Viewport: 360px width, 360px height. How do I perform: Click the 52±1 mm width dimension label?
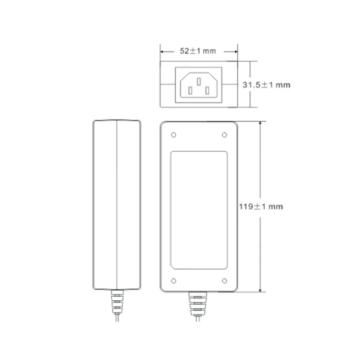(x=198, y=51)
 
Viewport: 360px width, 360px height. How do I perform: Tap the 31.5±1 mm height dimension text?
(x=266, y=85)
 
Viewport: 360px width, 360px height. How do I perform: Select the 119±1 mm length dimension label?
(x=261, y=207)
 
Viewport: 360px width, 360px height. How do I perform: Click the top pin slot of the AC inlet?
(x=199, y=81)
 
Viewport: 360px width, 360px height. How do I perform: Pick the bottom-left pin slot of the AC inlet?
(x=190, y=90)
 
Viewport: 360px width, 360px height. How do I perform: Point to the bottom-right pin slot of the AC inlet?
(x=207, y=90)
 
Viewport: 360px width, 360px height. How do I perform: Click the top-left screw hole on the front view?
(x=173, y=135)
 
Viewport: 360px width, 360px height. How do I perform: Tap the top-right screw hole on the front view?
(x=224, y=135)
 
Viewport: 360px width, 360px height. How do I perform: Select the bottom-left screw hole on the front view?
(x=173, y=281)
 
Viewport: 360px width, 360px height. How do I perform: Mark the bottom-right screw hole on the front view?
(x=224, y=281)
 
